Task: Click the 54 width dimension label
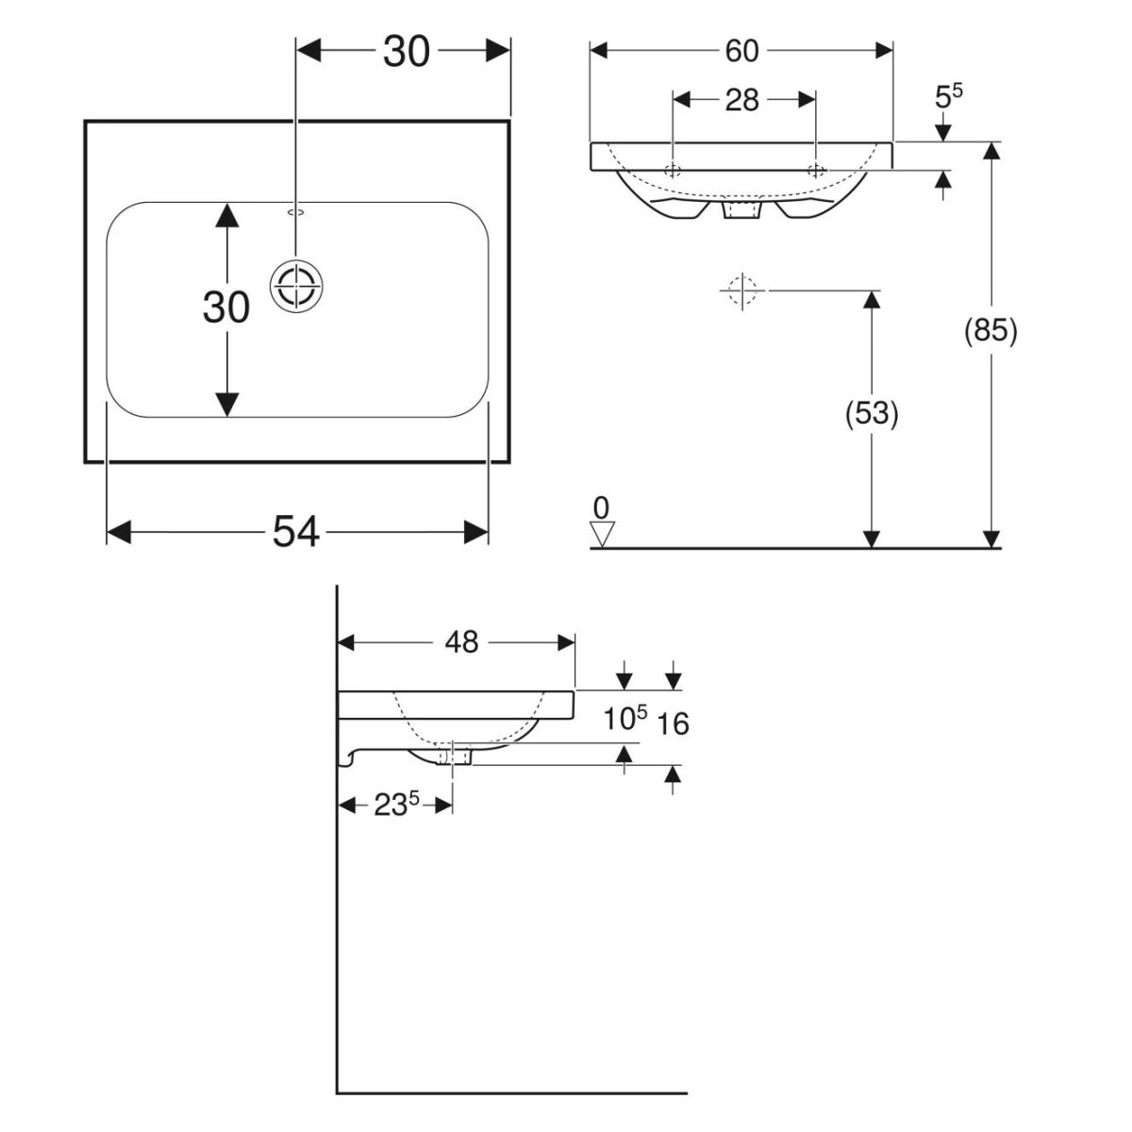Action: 296,533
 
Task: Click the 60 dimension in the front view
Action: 741,51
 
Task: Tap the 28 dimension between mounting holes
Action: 742,99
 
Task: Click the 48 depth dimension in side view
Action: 461,642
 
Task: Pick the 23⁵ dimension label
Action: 395,806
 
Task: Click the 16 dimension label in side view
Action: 674,724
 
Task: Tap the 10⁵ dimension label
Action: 626,720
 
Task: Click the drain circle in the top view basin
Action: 297,283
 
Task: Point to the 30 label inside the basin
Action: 226,308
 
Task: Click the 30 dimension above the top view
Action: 407,52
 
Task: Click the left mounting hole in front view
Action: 673,171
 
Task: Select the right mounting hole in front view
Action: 816,171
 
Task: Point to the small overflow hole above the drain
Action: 296,212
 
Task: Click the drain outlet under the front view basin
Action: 741,210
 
